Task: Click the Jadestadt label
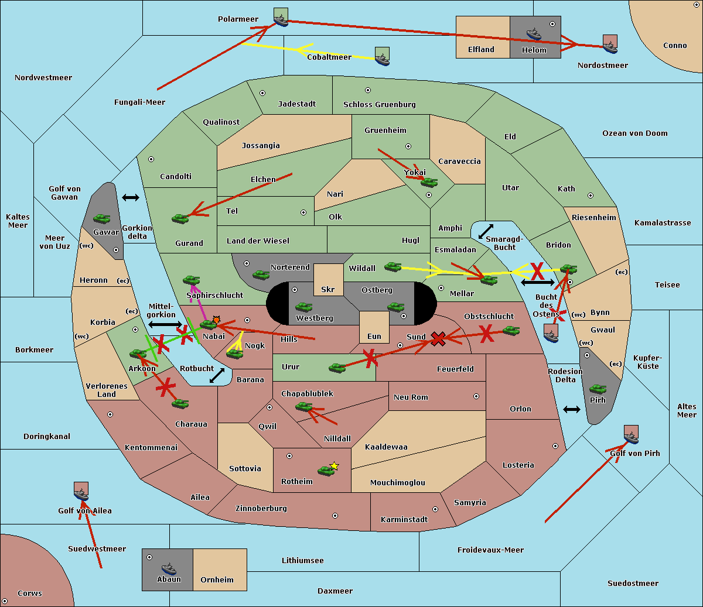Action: click(x=297, y=104)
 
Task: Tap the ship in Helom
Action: click(x=534, y=34)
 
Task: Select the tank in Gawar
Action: click(x=102, y=218)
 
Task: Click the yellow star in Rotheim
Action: click(x=335, y=465)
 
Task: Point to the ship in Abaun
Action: click(x=169, y=568)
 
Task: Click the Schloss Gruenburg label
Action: click(x=379, y=105)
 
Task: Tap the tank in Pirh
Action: click(x=598, y=389)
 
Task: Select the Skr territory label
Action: click(x=327, y=289)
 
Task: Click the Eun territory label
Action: click(x=374, y=336)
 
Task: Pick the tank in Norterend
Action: click(x=261, y=275)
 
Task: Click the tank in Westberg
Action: click(x=303, y=307)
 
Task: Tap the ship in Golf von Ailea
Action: click(x=81, y=495)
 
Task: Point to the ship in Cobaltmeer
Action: click(x=383, y=60)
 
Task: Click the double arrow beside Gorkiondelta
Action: click(x=131, y=197)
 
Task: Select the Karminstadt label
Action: click(x=404, y=519)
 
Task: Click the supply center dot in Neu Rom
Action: click(x=476, y=396)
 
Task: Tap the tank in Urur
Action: click(x=337, y=368)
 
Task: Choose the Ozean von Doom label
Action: click(x=634, y=133)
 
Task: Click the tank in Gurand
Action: click(x=180, y=218)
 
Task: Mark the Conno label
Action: click(x=675, y=46)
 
